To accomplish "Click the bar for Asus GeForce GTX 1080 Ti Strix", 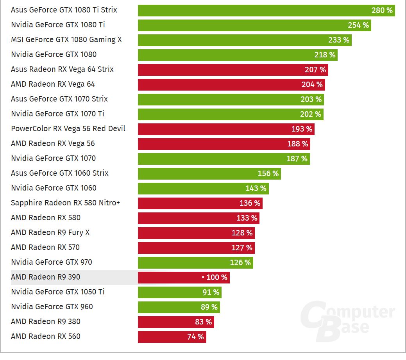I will [x=266, y=11].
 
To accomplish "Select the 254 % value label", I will [x=358, y=25].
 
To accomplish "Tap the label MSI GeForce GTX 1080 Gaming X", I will [x=66, y=40].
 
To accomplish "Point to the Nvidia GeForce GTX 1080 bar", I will [x=237, y=55].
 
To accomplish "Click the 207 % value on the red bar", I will [x=315, y=70].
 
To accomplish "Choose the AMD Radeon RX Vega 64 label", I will [x=53, y=84].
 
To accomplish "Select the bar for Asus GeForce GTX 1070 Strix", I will [x=231, y=100].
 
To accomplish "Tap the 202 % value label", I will [x=311, y=114].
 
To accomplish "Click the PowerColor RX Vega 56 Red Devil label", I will [x=68, y=129].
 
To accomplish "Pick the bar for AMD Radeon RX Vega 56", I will [x=224, y=144].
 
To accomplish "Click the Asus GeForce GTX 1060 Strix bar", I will [x=209, y=174].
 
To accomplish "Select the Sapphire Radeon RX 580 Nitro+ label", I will [x=65, y=203].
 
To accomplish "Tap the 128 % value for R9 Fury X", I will [x=242, y=233].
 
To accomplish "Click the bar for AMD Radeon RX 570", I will [x=196, y=248].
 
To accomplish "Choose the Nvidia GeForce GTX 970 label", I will [x=52, y=262].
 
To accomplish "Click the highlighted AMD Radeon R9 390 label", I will [x=45, y=277].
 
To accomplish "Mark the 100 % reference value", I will [x=216, y=278].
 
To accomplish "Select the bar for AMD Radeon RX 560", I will [x=172, y=337].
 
